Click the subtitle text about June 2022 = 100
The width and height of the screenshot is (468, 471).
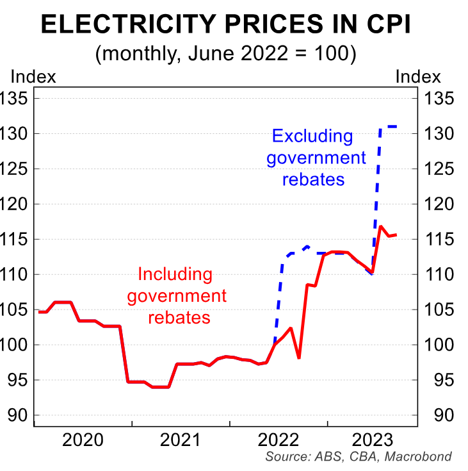pos(225,53)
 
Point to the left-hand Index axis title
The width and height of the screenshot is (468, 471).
pos(33,77)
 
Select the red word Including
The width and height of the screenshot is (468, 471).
pos(175,274)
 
